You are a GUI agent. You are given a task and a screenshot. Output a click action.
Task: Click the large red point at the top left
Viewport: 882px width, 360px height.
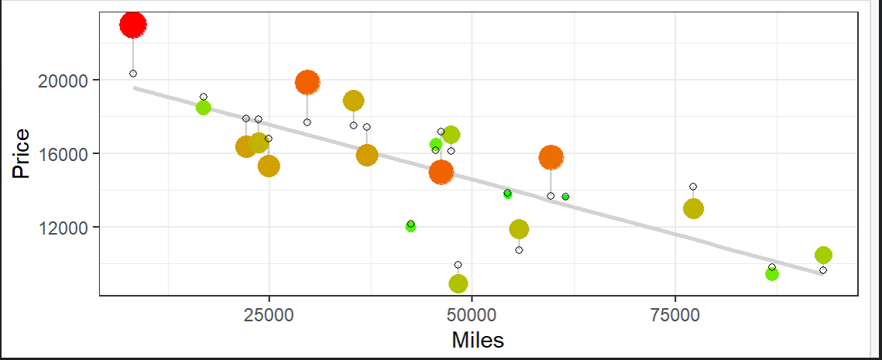click(133, 25)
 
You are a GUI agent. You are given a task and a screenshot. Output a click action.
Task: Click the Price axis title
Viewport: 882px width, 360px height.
click(21, 154)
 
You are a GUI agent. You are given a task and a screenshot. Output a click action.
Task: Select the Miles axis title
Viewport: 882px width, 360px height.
click(478, 340)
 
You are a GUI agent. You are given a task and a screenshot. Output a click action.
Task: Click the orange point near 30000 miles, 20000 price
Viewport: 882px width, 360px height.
click(307, 82)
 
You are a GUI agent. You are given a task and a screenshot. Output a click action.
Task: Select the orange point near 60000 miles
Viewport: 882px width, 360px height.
click(551, 157)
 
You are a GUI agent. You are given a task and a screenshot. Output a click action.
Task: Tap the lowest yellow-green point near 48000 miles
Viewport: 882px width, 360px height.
click(458, 284)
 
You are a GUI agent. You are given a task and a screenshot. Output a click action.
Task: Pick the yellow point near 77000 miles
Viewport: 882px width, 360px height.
click(693, 208)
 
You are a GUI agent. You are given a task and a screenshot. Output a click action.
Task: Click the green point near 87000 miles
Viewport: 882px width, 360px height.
click(772, 274)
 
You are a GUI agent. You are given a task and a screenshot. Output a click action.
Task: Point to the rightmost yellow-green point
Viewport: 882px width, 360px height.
click(823, 255)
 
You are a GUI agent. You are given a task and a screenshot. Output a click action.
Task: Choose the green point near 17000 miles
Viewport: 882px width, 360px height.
click(203, 108)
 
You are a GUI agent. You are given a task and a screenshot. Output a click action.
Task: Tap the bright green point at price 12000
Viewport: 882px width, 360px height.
click(410, 226)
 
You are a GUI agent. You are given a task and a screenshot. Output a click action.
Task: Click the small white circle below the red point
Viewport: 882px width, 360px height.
click(133, 74)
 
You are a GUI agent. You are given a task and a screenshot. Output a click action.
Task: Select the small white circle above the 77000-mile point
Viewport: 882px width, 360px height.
click(693, 187)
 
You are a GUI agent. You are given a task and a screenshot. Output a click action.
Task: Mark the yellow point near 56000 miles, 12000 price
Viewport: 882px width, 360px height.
click(519, 229)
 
